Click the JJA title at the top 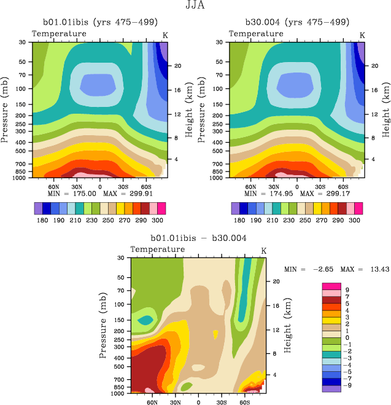coord(195,6)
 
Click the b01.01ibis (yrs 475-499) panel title coord(99,22)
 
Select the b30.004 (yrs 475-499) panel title coord(298,22)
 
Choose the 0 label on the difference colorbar coord(347,337)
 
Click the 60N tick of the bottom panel coord(153,403)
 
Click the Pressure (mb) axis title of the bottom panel coord(102,324)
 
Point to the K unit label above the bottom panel coord(263,250)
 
